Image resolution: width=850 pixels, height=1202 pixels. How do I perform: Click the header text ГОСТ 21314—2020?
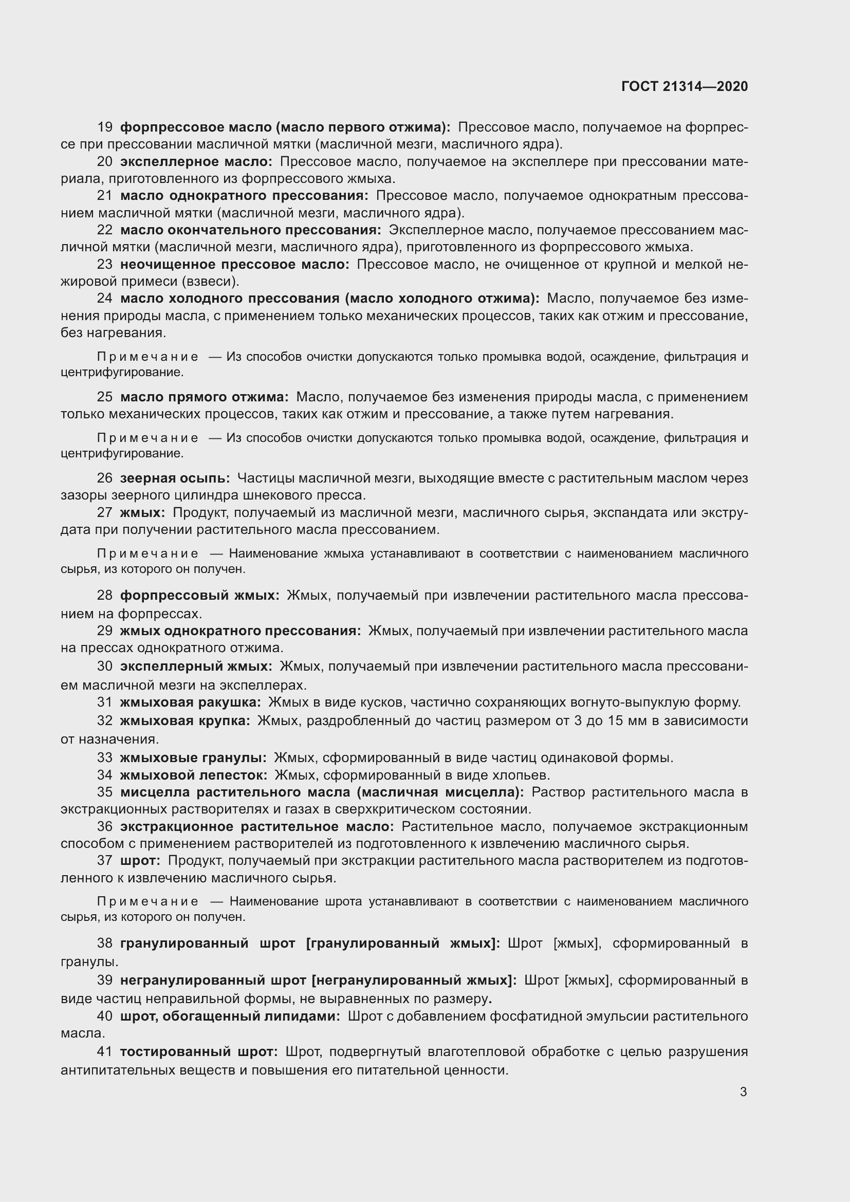pos(684,86)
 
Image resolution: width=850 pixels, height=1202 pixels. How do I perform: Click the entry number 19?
pos(105,127)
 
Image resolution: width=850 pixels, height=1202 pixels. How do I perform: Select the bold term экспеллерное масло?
pos(196,162)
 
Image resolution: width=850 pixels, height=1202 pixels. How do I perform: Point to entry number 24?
pos(105,299)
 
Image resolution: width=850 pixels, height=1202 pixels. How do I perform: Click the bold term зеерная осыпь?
pos(175,478)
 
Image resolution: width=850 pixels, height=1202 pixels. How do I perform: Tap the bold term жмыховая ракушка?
pos(191,702)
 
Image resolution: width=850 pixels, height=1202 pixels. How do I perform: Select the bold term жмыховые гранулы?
pos(193,757)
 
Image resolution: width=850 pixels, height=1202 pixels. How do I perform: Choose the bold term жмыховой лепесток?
pos(194,775)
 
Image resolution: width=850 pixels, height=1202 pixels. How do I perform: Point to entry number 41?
pos(105,1052)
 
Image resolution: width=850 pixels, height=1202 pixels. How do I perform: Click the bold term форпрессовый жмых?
pos(199,595)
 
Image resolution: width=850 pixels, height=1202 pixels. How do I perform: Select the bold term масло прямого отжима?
pos(204,397)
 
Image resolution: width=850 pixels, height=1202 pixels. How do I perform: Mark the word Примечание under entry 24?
pos(148,357)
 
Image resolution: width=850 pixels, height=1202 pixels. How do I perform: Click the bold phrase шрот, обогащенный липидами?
pos(230,1016)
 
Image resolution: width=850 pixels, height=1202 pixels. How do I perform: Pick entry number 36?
pos(105,827)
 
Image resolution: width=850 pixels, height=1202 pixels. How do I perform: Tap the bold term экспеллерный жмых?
pos(196,667)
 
